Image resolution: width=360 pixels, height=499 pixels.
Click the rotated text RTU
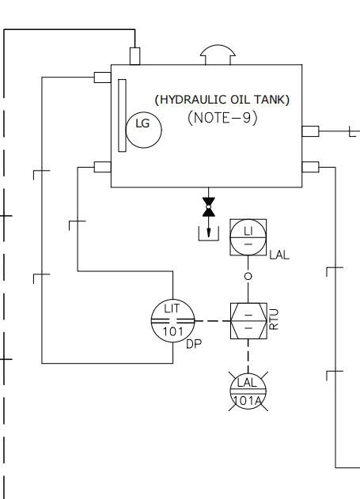point(274,319)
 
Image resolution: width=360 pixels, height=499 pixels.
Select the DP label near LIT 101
point(194,344)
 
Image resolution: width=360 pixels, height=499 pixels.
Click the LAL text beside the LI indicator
point(279,255)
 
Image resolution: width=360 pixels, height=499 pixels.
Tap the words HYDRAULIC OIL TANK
point(222,100)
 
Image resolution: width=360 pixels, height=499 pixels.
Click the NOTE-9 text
point(222,118)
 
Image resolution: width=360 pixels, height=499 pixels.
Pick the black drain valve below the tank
point(209,207)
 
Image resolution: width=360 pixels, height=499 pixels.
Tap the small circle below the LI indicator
point(248,276)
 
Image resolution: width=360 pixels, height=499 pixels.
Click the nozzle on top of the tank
point(135,56)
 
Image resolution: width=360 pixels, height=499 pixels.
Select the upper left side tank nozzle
point(103,77)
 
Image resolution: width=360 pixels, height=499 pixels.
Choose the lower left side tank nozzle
point(103,167)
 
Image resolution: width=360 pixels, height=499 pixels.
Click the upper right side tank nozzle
point(310,131)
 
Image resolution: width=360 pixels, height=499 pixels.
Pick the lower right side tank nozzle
point(310,167)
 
